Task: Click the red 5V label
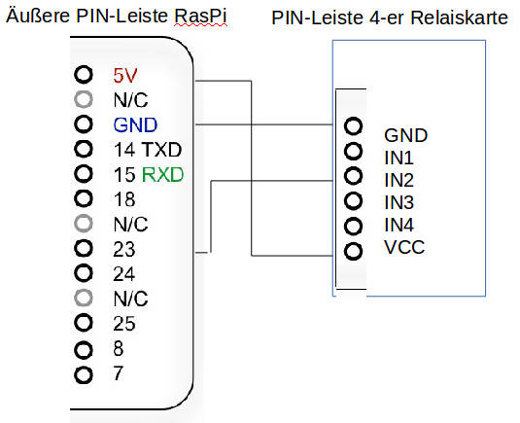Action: point(125,75)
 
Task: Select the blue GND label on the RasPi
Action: point(135,125)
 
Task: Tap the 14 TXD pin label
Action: point(148,150)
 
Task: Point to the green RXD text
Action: point(162,174)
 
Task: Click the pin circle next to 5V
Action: point(84,74)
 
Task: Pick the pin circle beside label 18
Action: point(84,198)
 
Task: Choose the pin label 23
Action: point(124,250)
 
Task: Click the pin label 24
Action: point(124,274)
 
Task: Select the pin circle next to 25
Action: point(84,323)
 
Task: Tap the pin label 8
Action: point(119,348)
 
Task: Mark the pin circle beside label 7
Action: point(84,375)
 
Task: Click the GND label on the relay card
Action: point(406,135)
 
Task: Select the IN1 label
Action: point(399,158)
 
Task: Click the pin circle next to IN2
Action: point(353,176)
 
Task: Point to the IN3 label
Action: point(399,202)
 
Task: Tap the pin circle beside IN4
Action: point(353,227)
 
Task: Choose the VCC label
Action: point(404,247)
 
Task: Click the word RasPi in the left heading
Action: point(200,16)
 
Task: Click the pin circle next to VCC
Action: point(353,251)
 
